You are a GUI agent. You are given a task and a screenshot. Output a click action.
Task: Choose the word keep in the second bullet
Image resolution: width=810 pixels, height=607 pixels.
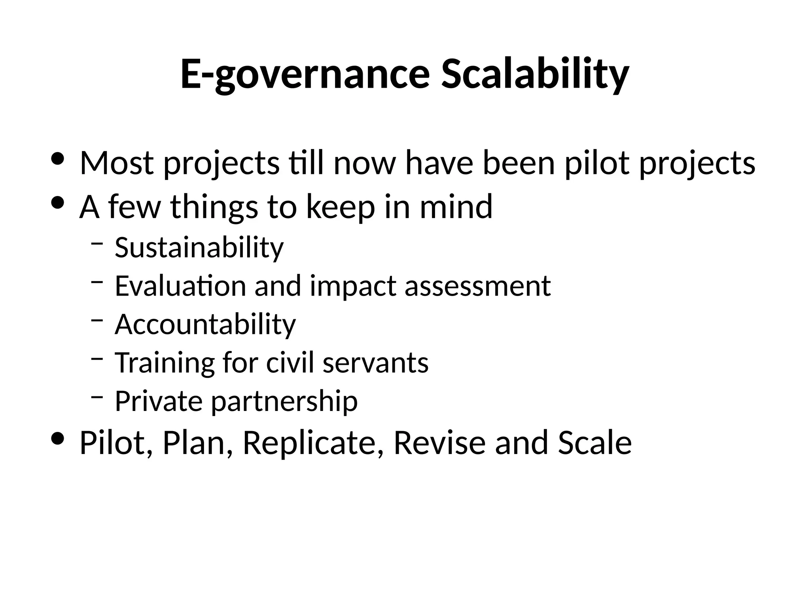(x=341, y=207)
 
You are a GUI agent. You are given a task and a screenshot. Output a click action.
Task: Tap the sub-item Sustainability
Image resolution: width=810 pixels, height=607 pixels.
(x=199, y=248)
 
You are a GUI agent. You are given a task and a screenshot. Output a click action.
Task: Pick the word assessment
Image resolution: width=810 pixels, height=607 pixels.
(x=478, y=286)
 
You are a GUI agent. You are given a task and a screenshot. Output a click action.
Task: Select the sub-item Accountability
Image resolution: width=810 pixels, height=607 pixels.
(x=205, y=324)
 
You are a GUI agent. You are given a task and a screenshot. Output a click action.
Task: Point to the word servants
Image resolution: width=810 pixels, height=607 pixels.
(x=376, y=362)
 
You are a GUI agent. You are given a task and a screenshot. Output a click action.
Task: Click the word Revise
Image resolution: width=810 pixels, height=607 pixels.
(x=439, y=442)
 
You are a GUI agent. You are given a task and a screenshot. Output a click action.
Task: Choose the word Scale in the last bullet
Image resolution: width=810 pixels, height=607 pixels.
(x=595, y=442)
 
